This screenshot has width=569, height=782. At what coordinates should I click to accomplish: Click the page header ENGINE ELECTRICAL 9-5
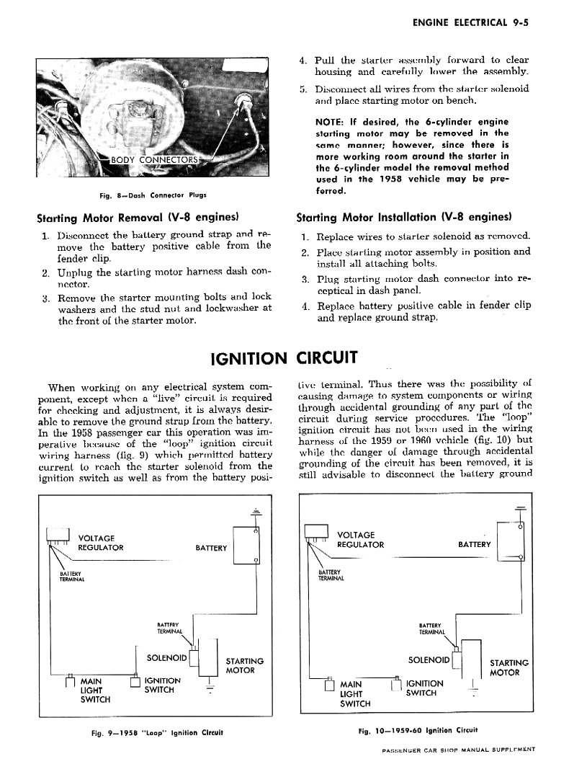pyautogui.click(x=472, y=22)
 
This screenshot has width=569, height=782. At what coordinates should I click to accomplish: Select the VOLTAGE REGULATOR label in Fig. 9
pyautogui.click(x=100, y=543)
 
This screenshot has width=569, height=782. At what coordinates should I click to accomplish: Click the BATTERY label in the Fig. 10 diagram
pyautogui.click(x=474, y=544)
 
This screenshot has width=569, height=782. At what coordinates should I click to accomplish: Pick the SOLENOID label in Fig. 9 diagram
pyautogui.click(x=166, y=657)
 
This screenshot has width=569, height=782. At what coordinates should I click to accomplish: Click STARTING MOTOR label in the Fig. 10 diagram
pyautogui.click(x=509, y=667)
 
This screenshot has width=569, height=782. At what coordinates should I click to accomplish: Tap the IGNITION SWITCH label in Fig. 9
pyautogui.click(x=162, y=685)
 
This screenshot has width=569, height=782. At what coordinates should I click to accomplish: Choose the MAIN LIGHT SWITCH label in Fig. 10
pyautogui.click(x=354, y=693)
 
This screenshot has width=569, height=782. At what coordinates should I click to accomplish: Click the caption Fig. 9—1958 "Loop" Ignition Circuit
pyautogui.click(x=154, y=732)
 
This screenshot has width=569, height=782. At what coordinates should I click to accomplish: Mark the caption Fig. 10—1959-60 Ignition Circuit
pyautogui.click(x=418, y=729)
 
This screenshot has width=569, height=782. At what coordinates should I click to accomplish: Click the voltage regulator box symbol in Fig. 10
pyautogui.click(x=315, y=533)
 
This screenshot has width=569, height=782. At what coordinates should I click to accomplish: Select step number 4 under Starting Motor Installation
pyautogui.click(x=306, y=305)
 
